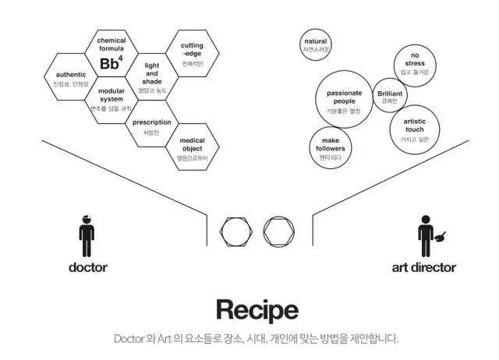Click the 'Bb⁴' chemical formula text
(x=111, y=63)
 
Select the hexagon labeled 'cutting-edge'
(x=192, y=53)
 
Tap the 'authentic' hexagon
(x=71, y=78)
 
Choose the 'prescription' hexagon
(x=151, y=126)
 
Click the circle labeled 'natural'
(x=316, y=44)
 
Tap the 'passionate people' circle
(x=344, y=101)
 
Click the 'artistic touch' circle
(x=415, y=128)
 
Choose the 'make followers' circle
(x=331, y=148)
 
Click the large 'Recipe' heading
(x=257, y=309)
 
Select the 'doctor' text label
(x=87, y=267)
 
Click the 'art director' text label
(x=423, y=267)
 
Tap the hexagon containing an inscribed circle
(x=278, y=231)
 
